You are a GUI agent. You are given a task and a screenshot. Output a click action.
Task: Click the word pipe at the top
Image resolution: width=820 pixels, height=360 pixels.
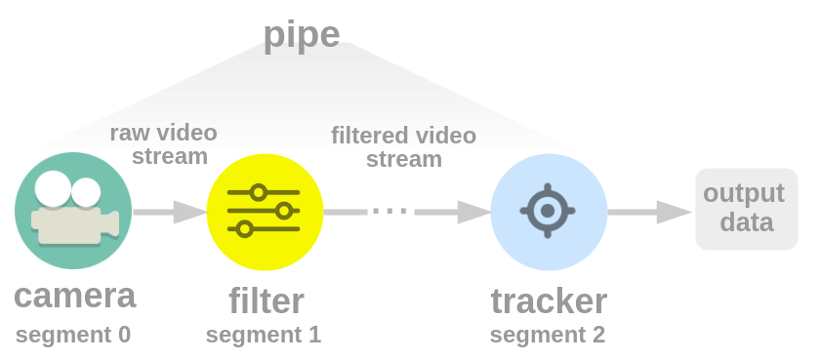click(302, 35)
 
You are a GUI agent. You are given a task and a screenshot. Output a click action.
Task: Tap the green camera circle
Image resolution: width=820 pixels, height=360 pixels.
click(73, 211)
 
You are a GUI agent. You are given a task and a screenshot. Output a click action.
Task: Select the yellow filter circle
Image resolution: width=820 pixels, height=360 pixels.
click(266, 212)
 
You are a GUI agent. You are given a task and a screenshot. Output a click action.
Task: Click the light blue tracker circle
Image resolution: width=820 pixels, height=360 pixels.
click(549, 212)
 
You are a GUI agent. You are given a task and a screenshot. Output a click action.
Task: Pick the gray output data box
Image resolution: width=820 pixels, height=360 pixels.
click(746, 209)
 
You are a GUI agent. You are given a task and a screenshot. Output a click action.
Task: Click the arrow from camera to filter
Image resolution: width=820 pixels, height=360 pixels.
click(170, 212)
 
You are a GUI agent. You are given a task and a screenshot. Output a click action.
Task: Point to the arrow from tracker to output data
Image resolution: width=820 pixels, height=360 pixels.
click(649, 212)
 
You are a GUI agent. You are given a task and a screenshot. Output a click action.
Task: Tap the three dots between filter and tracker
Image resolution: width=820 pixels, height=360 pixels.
click(389, 212)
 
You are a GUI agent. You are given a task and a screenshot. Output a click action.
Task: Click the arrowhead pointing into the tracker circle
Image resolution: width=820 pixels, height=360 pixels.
click(474, 212)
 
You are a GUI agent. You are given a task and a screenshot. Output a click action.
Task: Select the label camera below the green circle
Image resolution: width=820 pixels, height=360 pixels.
click(75, 296)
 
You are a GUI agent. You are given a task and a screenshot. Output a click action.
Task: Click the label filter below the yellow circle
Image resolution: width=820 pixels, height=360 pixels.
click(266, 300)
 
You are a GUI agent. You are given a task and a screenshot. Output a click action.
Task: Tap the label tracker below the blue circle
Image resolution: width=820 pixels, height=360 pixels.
click(549, 301)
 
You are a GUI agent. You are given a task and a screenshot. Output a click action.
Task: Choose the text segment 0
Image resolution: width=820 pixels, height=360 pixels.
click(72, 335)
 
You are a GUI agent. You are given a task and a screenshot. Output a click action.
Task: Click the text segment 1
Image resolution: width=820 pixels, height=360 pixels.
click(263, 335)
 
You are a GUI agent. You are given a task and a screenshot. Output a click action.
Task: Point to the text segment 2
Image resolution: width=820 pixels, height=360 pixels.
click(547, 335)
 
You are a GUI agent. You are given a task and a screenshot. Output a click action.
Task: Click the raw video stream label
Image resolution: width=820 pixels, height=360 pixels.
click(164, 144)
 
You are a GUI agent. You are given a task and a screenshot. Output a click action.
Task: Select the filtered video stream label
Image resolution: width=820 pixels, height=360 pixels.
click(404, 146)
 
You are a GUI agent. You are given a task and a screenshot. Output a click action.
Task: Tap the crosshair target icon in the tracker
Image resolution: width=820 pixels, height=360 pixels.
click(548, 211)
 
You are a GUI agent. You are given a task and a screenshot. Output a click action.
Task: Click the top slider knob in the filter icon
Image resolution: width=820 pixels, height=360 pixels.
click(259, 192)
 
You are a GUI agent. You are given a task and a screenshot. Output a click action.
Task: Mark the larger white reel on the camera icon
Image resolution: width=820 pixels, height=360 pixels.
click(53, 188)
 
